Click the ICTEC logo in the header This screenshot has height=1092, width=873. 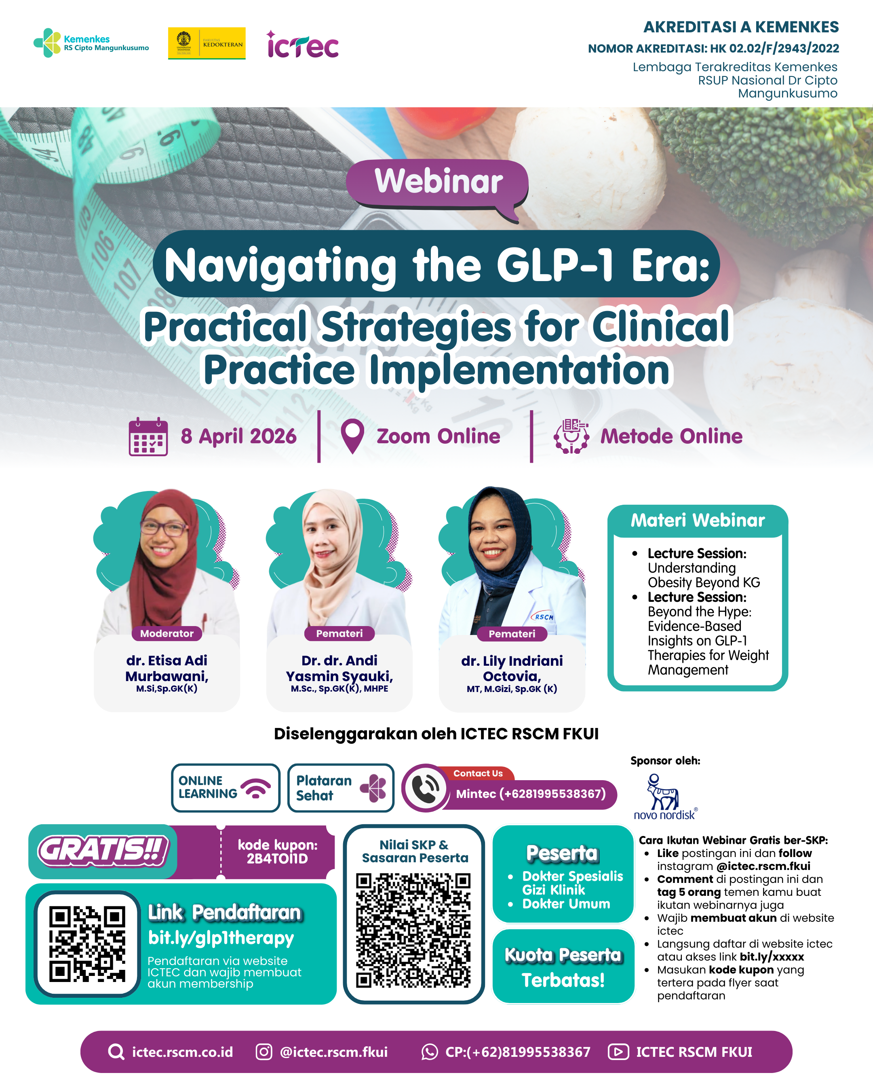(303, 44)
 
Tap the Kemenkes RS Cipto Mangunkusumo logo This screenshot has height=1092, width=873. (91, 43)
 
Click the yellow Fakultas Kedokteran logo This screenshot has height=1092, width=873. (207, 44)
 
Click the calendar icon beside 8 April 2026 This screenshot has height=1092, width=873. (148, 436)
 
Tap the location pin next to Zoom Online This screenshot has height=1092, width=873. (352, 436)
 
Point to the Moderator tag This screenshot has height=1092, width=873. (167, 633)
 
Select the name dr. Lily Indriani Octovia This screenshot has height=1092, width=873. (512, 668)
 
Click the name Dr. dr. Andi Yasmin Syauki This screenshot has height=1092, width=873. (339, 668)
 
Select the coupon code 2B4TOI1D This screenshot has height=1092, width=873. (277, 859)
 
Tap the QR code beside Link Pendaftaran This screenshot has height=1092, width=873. (87, 944)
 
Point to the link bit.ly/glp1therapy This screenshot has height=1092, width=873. (221, 938)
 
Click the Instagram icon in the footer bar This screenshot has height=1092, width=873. (264, 1052)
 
